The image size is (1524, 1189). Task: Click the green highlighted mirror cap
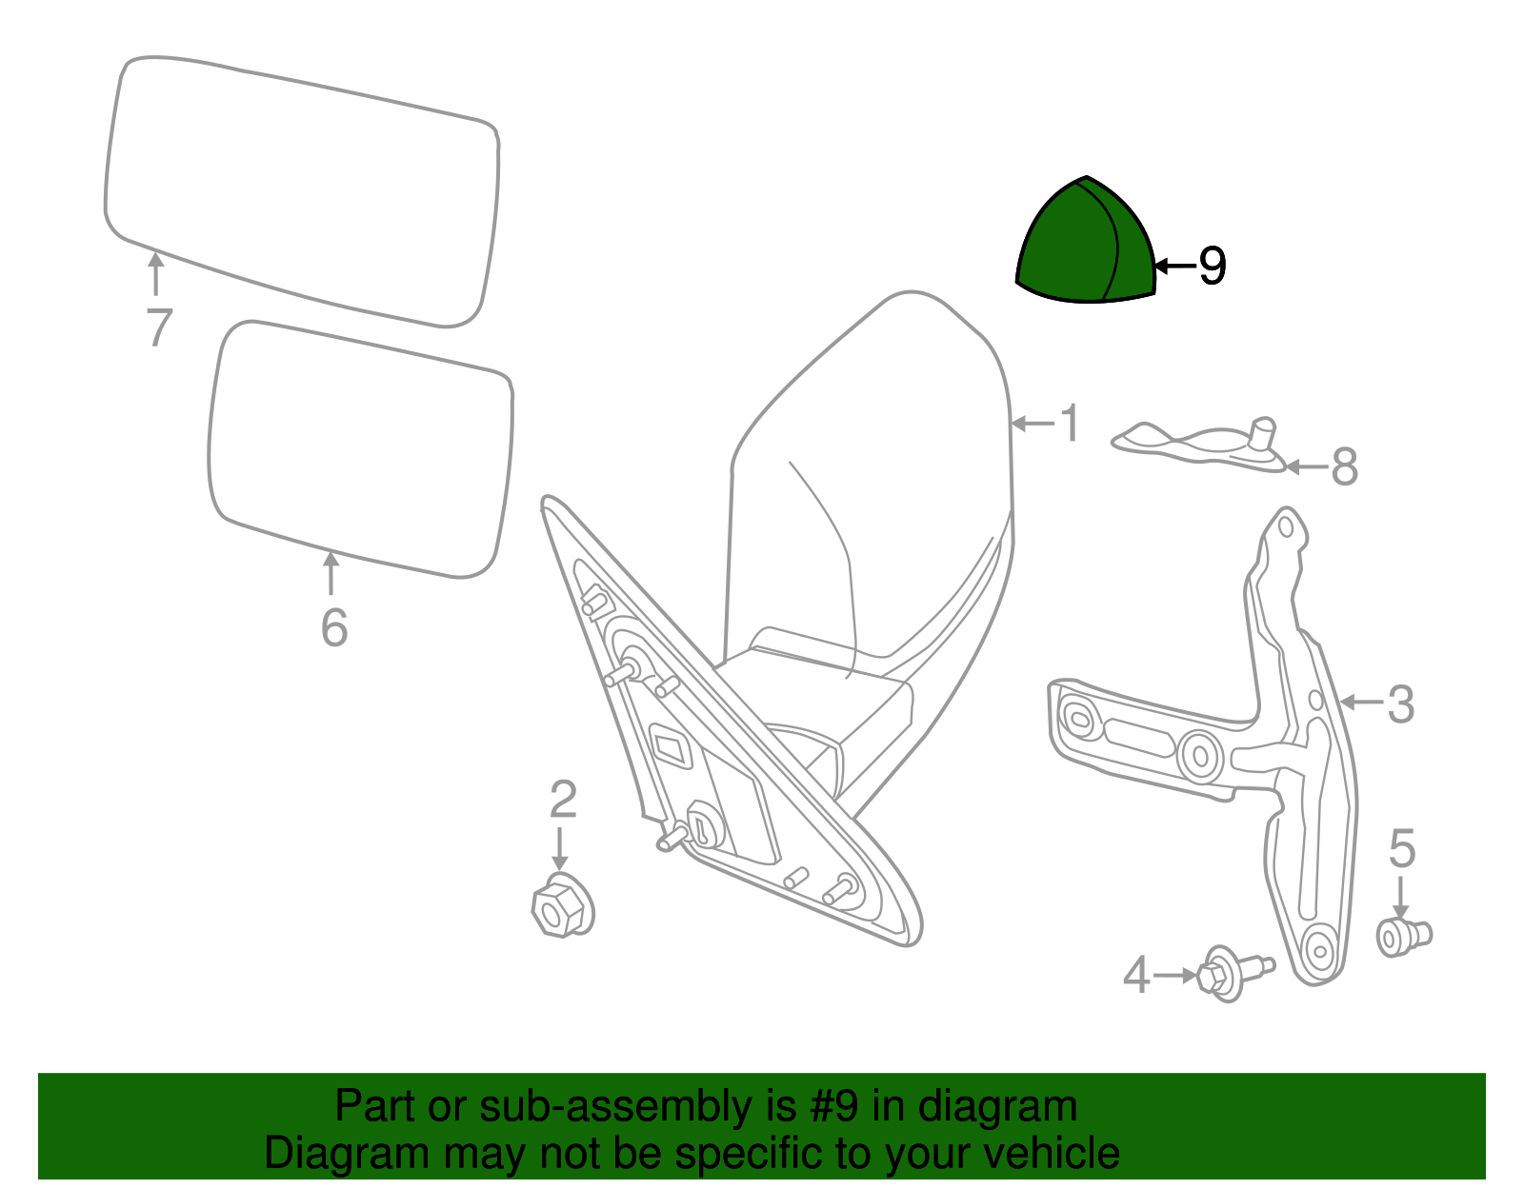[x=1086, y=246]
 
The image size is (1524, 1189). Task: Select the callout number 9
[x=1212, y=266]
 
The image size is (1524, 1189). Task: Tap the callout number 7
[x=159, y=327]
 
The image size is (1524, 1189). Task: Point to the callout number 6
[x=333, y=628]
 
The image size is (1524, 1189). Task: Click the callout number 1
[x=1071, y=423]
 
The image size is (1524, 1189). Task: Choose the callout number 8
[x=1344, y=467]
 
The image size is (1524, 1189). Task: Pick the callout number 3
[x=1400, y=704]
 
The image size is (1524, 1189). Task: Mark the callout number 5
[x=1402, y=848]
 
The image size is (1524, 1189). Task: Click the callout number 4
[x=1136, y=976]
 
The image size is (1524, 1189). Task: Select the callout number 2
[x=563, y=800]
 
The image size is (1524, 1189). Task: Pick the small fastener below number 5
[x=1403, y=937]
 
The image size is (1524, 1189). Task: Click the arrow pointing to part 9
[x=1173, y=266]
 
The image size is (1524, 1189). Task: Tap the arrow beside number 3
[x=1360, y=703]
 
